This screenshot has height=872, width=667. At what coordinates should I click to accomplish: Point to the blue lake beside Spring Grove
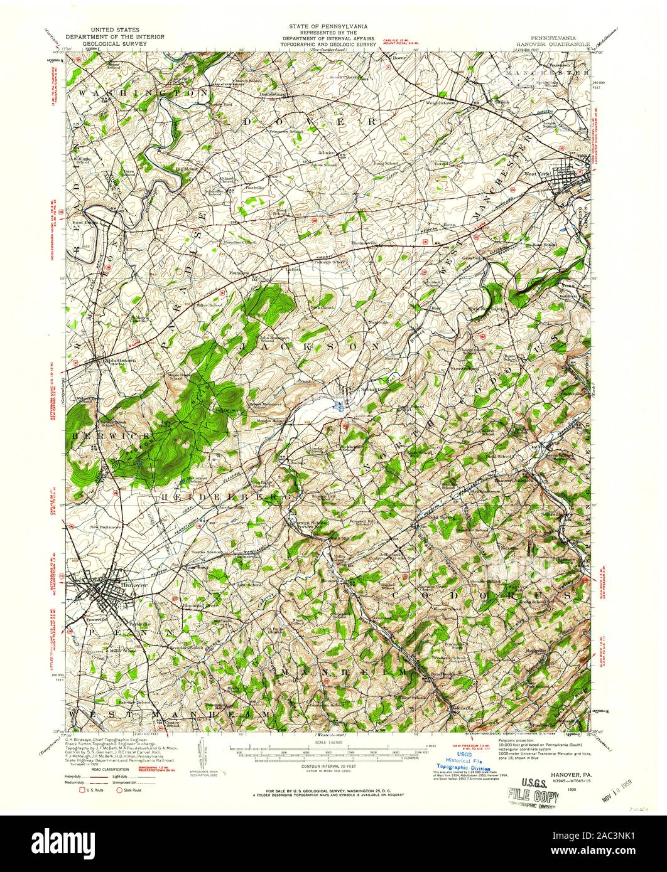click(340, 406)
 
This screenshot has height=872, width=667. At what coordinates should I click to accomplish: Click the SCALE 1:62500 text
click(328, 741)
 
